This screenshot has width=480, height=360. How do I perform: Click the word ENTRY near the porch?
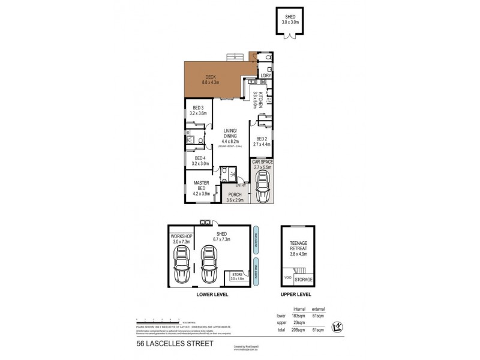pyautogui.click(x=240, y=185)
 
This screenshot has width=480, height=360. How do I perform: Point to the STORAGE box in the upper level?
pyautogui.click(x=304, y=279)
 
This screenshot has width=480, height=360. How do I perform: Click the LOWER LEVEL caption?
pyautogui.click(x=209, y=295)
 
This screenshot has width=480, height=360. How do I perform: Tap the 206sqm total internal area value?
pyautogui.click(x=293, y=329)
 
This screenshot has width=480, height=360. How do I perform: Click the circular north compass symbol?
pyautogui.click(x=337, y=326)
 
